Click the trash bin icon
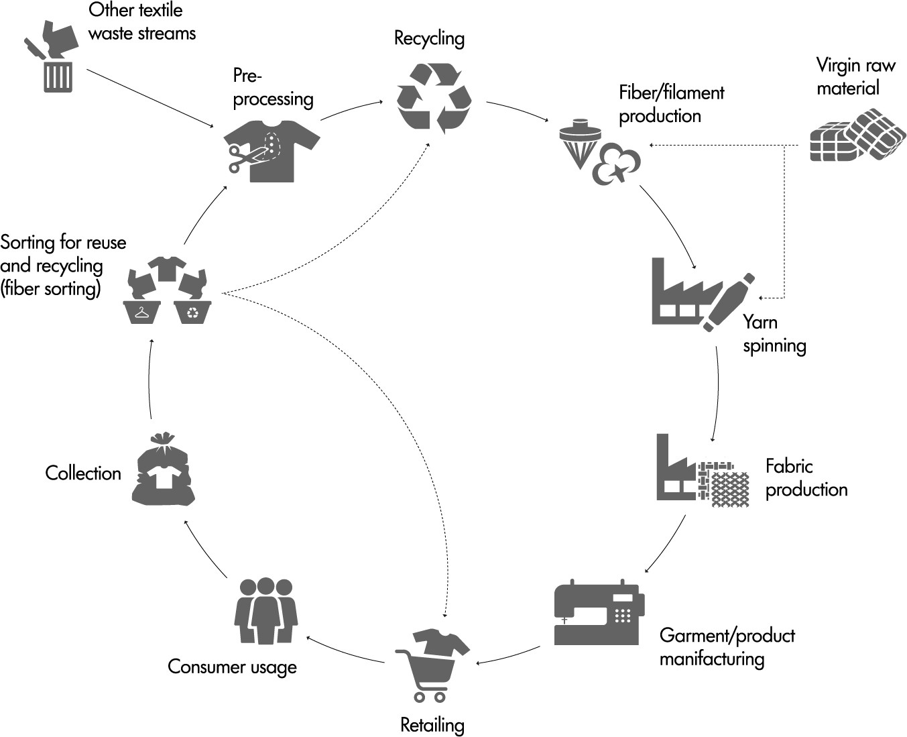click(x=58, y=76)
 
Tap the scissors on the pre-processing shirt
click(x=243, y=158)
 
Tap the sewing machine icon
click(x=599, y=613)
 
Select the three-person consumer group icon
click(x=266, y=611)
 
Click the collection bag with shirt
click(x=163, y=469)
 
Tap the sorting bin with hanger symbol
click(x=142, y=312)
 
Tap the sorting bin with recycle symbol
click(x=193, y=312)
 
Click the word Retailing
click(x=432, y=725)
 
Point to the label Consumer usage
click(x=232, y=667)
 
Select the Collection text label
click(x=83, y=473)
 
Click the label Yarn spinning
click(x=774, y=333)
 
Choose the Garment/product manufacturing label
click(x=727, y=646)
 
